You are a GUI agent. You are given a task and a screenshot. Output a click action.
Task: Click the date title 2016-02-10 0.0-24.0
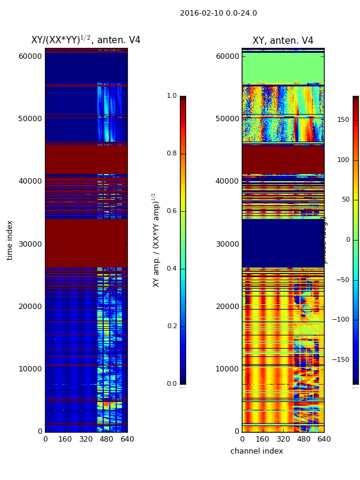218,13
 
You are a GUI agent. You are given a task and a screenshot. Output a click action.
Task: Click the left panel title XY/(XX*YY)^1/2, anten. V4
86,40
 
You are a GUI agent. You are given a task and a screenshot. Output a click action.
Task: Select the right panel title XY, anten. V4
283,41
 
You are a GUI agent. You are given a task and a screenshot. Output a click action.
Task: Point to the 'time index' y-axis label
10,240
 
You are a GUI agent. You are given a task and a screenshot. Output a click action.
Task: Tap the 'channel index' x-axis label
256,451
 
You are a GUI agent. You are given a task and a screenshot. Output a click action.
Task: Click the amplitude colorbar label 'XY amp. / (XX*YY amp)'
156,240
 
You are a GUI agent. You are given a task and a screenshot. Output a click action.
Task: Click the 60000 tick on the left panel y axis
31,56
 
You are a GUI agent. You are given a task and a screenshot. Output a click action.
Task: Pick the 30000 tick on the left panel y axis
31,244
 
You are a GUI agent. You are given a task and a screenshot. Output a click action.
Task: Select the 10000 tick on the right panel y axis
227,369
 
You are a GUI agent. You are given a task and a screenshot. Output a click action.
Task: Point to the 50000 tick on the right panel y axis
227,119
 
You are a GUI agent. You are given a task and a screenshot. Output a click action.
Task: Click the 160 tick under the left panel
65,439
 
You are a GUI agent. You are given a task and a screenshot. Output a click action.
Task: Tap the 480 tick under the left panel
106,439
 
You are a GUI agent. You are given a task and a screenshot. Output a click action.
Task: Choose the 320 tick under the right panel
283,439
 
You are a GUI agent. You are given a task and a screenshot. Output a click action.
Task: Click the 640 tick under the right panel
324,439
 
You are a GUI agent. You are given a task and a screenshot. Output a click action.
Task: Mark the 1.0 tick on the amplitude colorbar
172,96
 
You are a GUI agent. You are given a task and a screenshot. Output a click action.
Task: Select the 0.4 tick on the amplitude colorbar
172,269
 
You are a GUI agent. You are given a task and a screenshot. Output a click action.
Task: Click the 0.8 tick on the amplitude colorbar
172,154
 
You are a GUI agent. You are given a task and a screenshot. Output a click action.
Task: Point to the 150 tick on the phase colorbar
343,120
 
